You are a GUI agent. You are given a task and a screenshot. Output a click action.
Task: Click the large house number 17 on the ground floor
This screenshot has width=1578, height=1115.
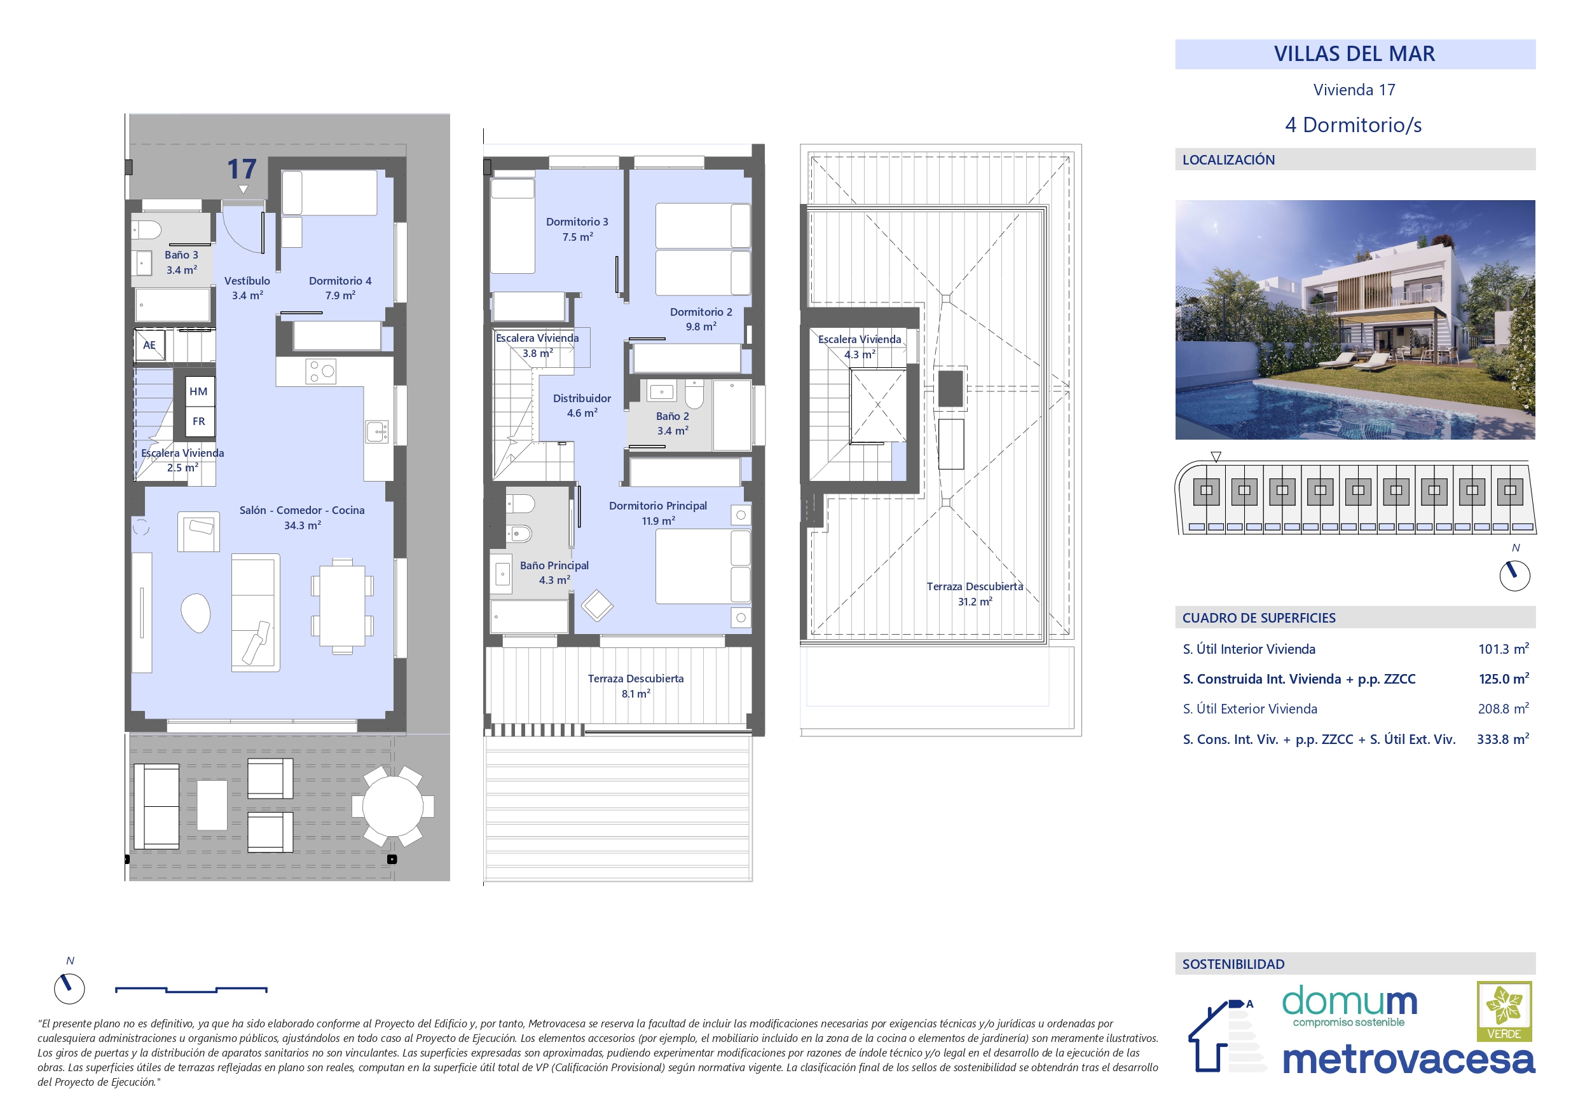pos(242,169)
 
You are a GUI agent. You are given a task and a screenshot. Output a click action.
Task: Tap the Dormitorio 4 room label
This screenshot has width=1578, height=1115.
pos(340,281)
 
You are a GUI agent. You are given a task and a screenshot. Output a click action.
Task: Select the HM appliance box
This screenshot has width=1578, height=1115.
pos(198,391)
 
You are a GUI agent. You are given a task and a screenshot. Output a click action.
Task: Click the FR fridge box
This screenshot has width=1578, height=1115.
pos(198,421)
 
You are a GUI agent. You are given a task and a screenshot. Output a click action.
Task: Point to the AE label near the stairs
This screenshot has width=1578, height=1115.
pos(149,345)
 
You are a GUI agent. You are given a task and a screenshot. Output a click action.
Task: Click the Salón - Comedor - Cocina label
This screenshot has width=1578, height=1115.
pos(302,510)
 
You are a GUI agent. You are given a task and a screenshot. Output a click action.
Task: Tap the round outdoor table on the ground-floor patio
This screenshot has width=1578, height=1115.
pos(393,806)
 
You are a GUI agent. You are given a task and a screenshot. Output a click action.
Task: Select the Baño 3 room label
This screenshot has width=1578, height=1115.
pos(181,255)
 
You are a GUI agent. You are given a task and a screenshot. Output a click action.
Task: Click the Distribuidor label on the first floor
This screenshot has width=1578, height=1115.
pos(582,398)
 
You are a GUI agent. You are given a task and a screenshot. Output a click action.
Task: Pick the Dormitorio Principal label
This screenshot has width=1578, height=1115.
pos(658,506)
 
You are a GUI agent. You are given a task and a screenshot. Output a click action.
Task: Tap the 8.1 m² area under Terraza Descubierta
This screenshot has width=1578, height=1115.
pos(636,694)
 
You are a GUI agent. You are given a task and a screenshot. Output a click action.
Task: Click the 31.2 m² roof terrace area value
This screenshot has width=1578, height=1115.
pos(975,602)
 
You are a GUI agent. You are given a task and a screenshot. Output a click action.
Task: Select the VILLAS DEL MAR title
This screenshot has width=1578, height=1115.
pos(1355,53)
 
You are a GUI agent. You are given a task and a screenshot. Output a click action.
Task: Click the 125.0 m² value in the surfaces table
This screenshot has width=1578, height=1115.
pos(1504,679)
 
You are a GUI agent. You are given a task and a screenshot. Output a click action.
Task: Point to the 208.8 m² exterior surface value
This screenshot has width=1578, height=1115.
pos(1504,709)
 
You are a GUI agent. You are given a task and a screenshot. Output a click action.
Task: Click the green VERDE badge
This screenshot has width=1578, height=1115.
pos(1504,1011)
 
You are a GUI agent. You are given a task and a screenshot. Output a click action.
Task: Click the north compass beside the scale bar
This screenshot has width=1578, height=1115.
pos(69,989)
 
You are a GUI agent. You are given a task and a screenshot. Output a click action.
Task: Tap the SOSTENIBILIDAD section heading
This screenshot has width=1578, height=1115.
pos(1233,964)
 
